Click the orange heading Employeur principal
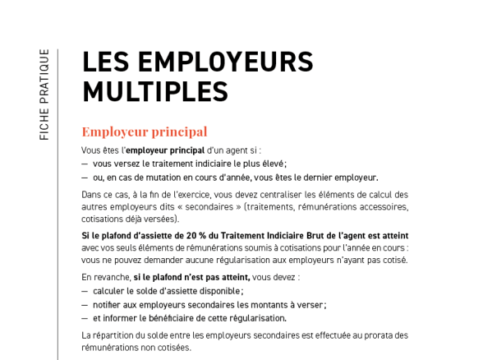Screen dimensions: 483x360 [144, 132]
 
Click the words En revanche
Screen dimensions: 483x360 [105, 278]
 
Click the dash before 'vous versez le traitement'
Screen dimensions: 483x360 [85, 164]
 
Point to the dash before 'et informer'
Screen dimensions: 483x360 [85, 318]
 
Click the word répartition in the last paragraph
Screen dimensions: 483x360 [112, 335]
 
